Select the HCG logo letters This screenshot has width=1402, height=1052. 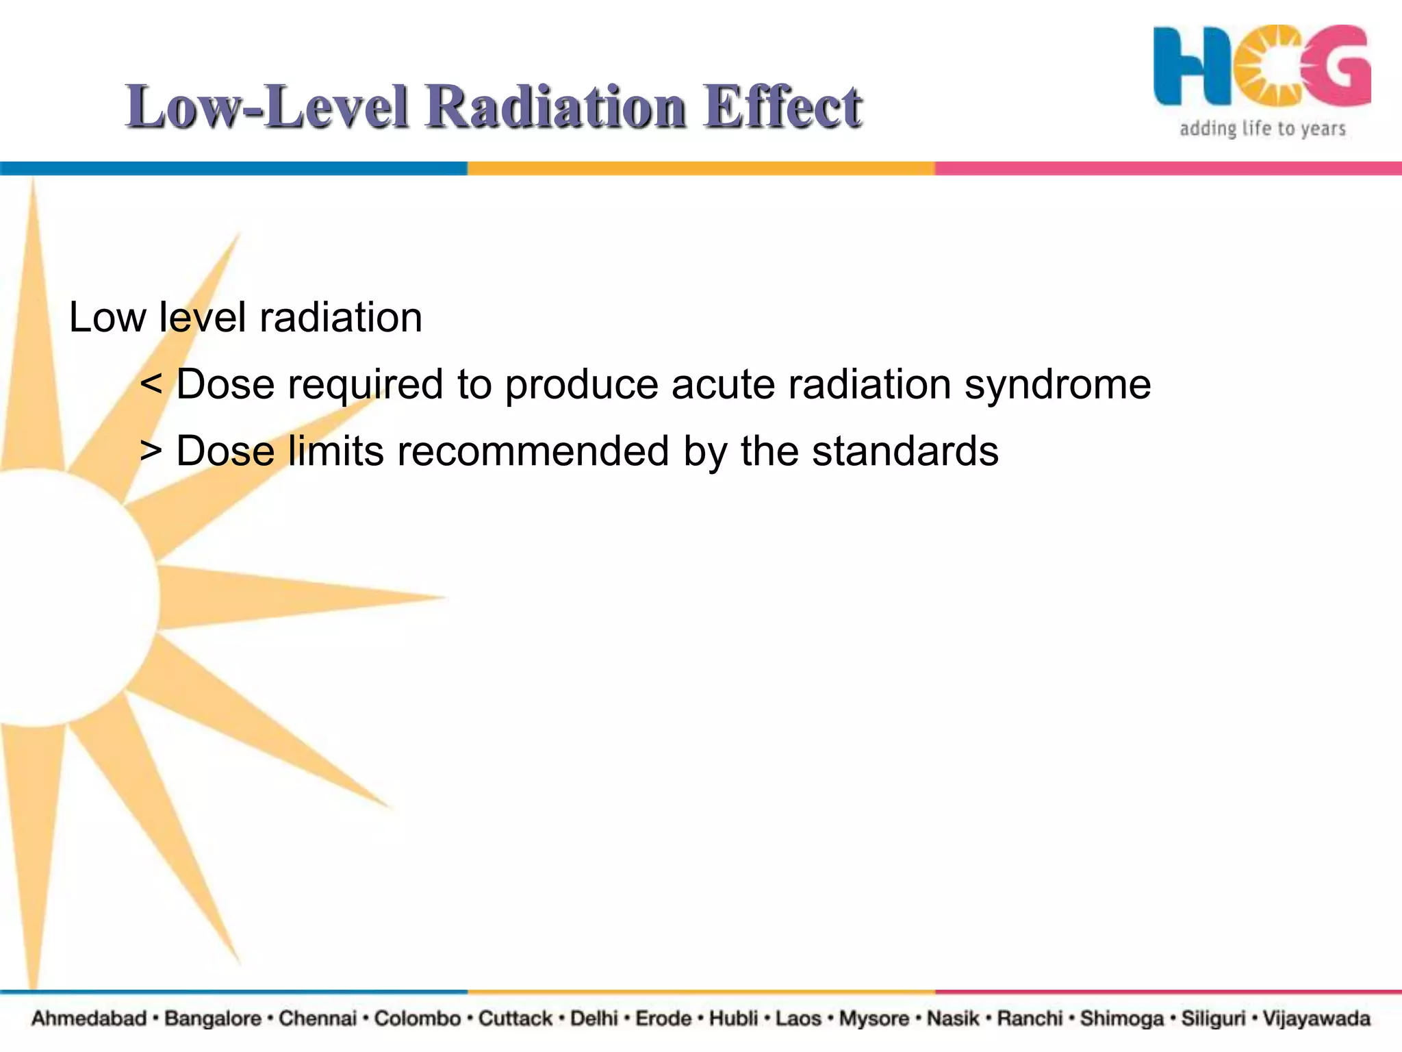(x=1262, y=67)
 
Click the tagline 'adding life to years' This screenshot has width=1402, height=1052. (x=1262, y=129)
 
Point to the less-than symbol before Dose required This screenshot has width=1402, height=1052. (x=151, y=384)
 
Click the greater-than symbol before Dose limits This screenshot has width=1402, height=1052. (x=151, y=451)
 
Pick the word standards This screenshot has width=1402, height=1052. (x=905, y=451)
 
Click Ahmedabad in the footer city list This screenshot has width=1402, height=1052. (x=89, y=1018)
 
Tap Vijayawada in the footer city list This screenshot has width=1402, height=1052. (x=1316, y=1018)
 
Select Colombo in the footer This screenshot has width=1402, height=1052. (x=417, y=1018)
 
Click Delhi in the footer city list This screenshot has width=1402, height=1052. (x=594, y=1018)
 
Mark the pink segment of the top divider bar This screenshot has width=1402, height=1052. (x=1168, y=168)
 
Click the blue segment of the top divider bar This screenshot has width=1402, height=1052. (x=233, y=168)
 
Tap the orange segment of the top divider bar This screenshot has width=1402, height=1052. (x=701, y=168)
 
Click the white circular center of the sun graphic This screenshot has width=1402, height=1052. (x=62, y=596)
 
